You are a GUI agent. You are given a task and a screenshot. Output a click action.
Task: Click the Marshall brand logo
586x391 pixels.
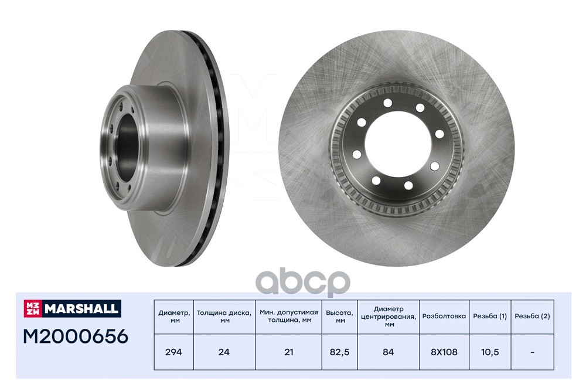73,308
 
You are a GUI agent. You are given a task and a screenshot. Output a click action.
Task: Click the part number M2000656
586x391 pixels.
76,336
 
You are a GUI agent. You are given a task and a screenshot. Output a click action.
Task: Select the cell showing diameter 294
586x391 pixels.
173,352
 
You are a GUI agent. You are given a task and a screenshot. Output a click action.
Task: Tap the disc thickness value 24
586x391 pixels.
224,352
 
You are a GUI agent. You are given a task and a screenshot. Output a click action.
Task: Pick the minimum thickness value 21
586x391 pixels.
288,352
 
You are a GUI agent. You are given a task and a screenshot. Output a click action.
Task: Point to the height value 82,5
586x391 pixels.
339,352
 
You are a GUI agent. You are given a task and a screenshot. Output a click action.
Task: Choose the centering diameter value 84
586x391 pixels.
389,352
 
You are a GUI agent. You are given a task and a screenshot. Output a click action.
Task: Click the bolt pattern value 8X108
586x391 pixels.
444,352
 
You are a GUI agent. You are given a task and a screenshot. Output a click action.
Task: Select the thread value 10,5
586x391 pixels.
490,352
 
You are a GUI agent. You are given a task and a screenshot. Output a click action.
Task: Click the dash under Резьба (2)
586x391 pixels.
532,352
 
